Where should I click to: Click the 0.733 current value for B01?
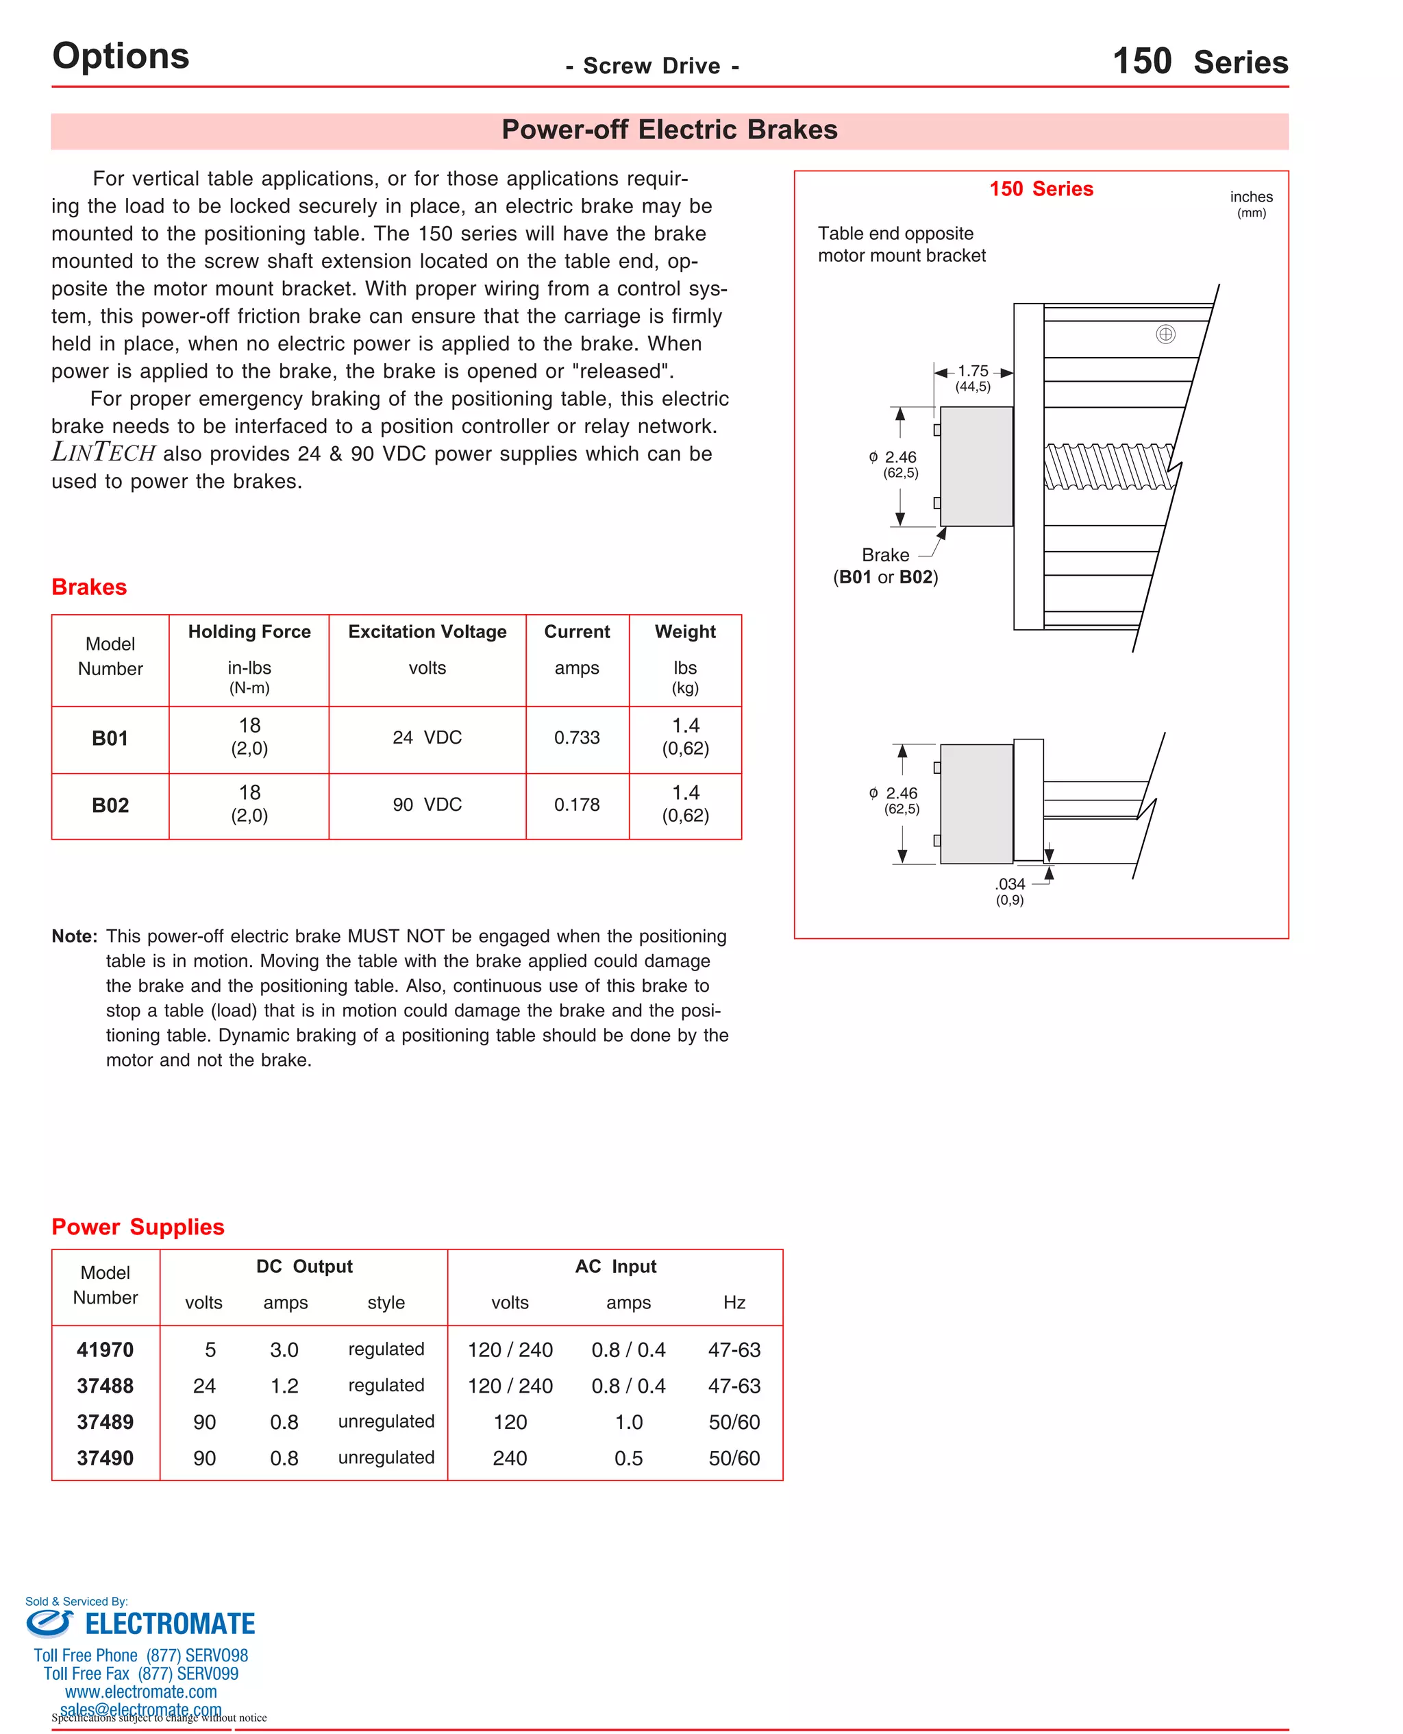pos(576,737)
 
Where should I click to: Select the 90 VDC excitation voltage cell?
pos(427,805)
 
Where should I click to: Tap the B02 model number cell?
pos(110,805)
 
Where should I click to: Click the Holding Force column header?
pos(249,631)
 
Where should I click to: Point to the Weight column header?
pos(684,631)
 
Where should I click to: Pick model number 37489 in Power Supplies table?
pos(105,1421)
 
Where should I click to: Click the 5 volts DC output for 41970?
pos(210,1350)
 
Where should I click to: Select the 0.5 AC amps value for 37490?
pos(628,1458)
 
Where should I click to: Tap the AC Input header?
pos(615,1266)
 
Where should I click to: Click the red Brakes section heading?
pos(89,587)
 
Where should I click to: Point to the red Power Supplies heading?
pos(138,1226)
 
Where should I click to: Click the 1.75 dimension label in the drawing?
pos(972,371)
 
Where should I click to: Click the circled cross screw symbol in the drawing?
pos(1165,334)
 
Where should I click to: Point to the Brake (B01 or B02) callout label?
pos(885,566)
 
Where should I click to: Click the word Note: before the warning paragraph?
pos(75,936)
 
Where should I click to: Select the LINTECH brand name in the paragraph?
pos(103,453)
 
